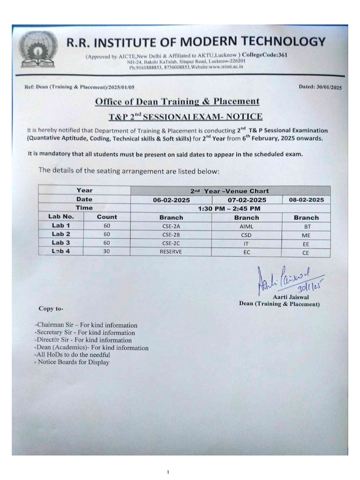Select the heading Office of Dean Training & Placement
[x=177, y=101]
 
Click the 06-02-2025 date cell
[x=172, y=200]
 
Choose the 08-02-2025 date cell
[x=306, y=200]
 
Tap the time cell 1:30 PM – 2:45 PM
[x=229, y=208]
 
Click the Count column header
[x=107, y=217]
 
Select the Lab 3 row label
[x=61, y=242]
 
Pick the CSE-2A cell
[x=171, y=226]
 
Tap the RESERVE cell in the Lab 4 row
[x=171, y=252]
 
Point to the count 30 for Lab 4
[x=107, y=251]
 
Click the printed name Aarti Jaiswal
[x=291, y=297]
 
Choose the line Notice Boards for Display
[x=72, y=362]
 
